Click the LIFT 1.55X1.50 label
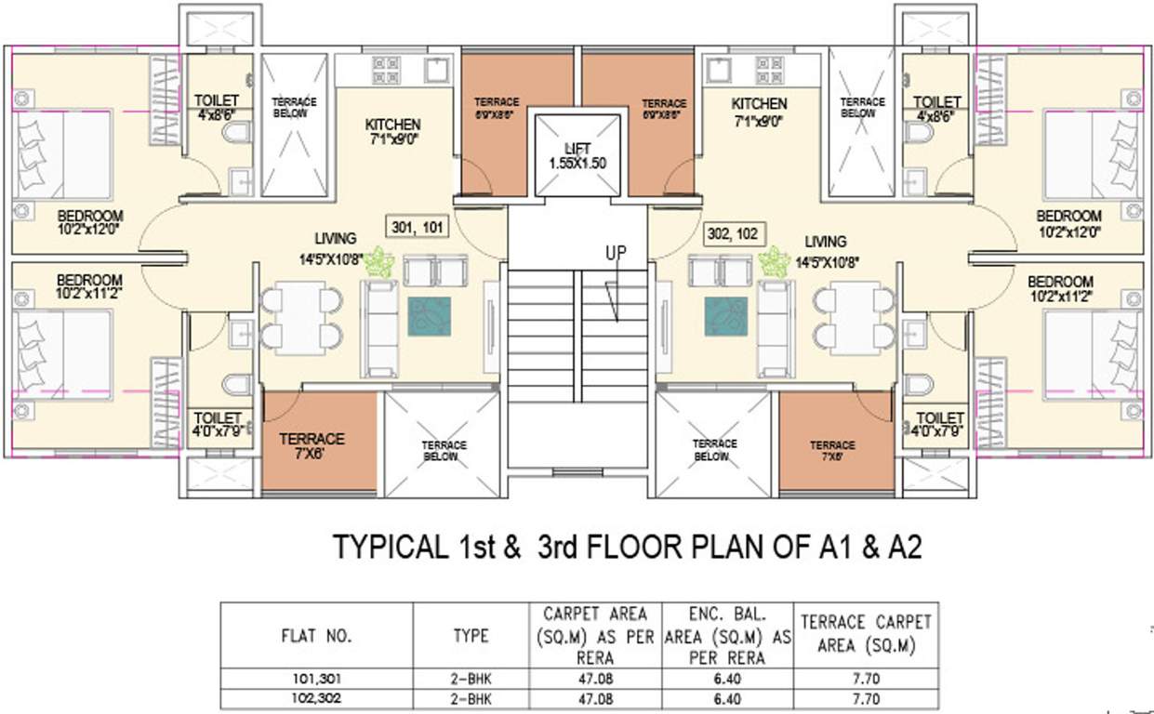[577, 154]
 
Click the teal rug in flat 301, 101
[429, 316]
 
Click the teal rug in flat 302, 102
[726, 316]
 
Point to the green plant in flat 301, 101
[378, 262]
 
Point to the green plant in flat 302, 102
[774, 262]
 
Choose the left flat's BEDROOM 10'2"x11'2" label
[89, 286]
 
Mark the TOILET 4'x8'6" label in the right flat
[936, 109]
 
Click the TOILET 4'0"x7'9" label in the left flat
[217, 425]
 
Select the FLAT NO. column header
[315, 637]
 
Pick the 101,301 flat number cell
[315, 680]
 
